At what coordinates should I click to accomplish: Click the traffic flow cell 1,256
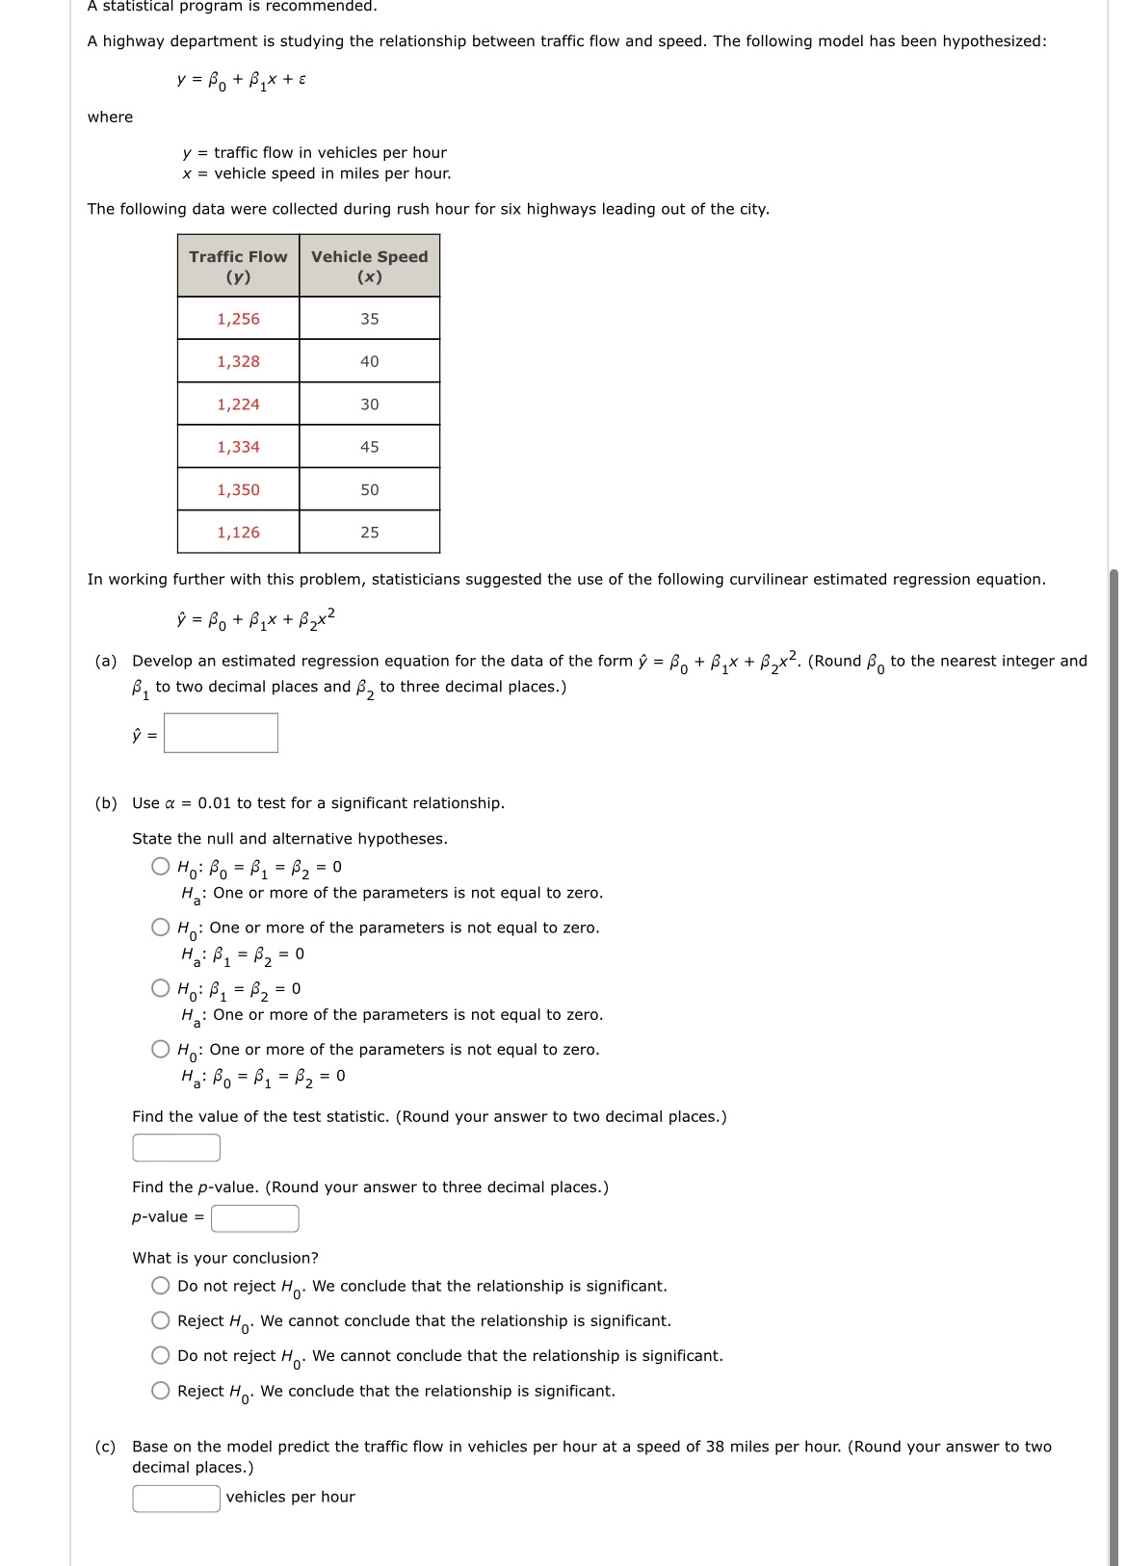238,319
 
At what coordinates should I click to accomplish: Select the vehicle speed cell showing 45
370,447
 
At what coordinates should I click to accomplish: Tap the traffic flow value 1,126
238,533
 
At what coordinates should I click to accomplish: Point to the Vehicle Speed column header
370,267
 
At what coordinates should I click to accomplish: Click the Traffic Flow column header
238,267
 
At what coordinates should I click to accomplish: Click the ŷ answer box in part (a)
221,733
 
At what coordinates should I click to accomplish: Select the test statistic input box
176,1148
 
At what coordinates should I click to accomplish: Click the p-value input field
255,1218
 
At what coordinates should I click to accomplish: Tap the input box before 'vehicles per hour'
176,1499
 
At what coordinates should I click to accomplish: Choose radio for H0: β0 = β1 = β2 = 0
161,866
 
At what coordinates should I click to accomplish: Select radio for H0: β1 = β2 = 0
161,988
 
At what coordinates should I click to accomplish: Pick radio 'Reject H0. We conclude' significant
161,1391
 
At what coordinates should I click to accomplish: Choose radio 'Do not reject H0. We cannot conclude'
161,1355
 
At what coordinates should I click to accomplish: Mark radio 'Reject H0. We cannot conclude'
161,1320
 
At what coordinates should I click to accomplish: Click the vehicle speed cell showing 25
370,533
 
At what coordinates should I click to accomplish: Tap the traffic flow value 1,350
238,489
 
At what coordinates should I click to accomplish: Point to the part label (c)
105,1447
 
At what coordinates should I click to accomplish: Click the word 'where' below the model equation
111,117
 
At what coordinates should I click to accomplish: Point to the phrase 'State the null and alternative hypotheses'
289,839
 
